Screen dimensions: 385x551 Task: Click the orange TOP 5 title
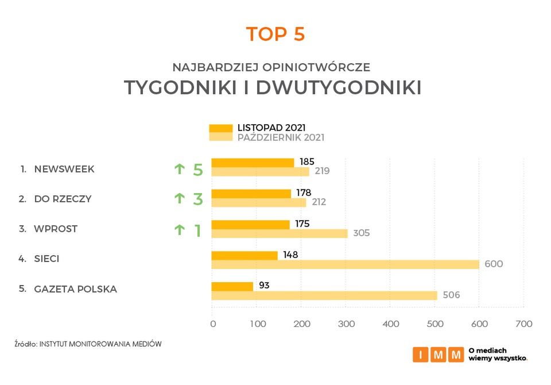(x=275, y=34)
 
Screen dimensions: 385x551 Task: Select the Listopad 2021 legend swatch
(x=221, y=128)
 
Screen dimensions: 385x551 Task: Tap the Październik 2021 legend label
(x=281, y=138)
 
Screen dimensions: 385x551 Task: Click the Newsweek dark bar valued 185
(x=253, y=163)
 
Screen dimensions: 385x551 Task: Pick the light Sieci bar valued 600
(x=345, y=264)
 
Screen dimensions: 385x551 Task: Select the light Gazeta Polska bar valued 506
(x=324, y=295)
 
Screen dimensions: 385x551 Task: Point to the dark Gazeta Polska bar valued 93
(x=232, y=286)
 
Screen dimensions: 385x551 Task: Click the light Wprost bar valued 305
(x=280, y=233)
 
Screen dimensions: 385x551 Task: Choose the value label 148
(x=290, y=254)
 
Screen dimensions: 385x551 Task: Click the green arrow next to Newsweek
(x=180, y=169)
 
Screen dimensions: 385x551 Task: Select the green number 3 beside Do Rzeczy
(x=198, y=199)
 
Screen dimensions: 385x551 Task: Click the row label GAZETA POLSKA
(x=76, y=289)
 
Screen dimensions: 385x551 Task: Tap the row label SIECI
(x=46, y=259)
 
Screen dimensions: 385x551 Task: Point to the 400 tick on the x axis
(x=390, y=324)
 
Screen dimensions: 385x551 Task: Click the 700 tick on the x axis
(x=523, y=324)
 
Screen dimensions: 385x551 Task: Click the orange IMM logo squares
(x=438, y=355)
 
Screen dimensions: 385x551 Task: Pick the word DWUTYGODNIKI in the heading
(x=339, y=88)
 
